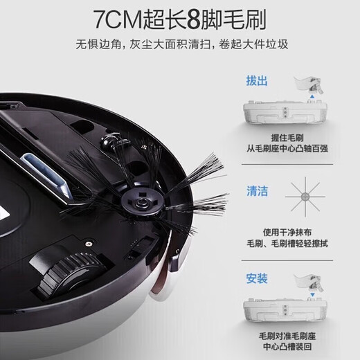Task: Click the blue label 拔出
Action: pyautogui.click(x=257, y=81)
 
